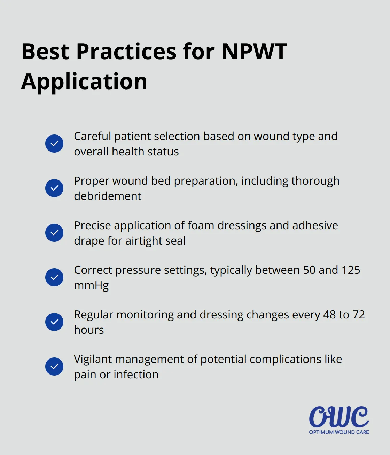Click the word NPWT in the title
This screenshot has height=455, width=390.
click(254, 52)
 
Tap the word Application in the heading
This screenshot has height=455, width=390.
click(84, 82)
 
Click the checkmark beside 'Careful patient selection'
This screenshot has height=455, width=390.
click(54, 144)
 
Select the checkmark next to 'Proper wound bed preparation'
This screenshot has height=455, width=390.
click(54, 188)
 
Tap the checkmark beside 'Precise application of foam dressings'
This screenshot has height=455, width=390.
click(54, 233)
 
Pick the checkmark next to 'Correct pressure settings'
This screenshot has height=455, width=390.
click(54, 277)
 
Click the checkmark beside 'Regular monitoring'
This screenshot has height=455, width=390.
click(54, 322)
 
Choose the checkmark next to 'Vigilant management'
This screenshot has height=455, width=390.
click(54, 367)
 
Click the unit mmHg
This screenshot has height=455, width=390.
click(91, 286)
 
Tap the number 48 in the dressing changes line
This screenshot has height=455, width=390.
click(329, 315)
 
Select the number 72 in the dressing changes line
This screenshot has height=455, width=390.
click(358, 315)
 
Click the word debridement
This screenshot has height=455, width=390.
click(108, 196)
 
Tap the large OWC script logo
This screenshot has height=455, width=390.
click(339, 417)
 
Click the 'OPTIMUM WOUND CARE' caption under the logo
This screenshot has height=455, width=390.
click(339, 432)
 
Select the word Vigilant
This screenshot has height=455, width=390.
click(93, 359)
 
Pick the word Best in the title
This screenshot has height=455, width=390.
click(46, 52)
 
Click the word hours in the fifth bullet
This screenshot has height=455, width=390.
click(89, 330)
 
